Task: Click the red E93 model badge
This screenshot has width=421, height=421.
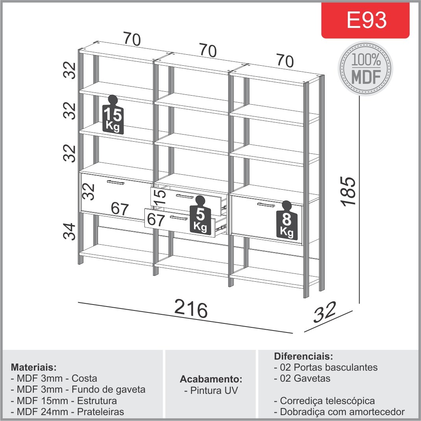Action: (365, 20)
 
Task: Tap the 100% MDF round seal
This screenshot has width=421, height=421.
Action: (366, 68)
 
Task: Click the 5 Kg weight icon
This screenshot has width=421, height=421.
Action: (200, 215)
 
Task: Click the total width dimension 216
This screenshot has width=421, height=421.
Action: (191, 309)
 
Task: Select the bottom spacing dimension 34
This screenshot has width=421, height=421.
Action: (70, 231)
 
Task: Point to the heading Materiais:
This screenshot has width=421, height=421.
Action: (34, 367)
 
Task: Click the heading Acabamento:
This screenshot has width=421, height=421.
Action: (211, 379)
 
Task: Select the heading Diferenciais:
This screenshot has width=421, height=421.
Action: (303, 356)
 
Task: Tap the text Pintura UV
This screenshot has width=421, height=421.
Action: (211, 391)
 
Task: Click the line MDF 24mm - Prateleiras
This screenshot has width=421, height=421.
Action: (68, 412)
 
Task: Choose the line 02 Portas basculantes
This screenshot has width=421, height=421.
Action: (326, 367)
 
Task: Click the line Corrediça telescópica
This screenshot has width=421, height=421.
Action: (324, 401)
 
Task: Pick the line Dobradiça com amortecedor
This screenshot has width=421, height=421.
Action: (339, 412)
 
